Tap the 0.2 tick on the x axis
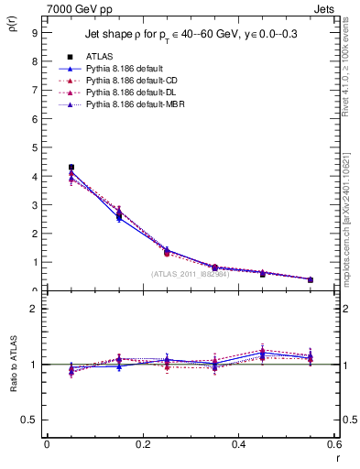click(143, 444)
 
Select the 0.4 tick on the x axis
click(239, 444)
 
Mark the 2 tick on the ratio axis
click(34, 309)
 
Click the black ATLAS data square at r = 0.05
click(71, 167)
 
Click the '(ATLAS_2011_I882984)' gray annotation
click(190, 273)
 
